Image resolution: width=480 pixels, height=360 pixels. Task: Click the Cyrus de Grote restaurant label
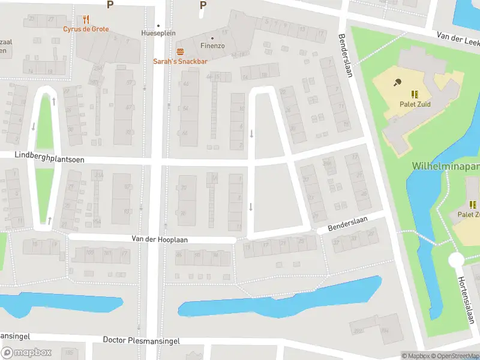(x=86, y=29)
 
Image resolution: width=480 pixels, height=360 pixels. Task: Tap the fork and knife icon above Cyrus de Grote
(x=86, y=19)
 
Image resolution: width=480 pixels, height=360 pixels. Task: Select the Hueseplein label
(x=158, y=33)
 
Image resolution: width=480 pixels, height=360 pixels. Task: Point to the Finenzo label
(x=212, y=45)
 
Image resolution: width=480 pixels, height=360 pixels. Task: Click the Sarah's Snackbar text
(x=179, y=61)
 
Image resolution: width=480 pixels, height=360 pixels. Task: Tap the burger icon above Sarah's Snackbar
(x=179, y=51)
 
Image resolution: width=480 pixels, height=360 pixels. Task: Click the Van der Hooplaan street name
(x=160, y=239)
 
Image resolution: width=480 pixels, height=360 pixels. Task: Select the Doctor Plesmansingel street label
(x=141, y=340)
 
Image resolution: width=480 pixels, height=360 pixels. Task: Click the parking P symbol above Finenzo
(x=203, y=5)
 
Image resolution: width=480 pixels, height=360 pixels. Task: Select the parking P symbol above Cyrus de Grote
(x=109, y=5)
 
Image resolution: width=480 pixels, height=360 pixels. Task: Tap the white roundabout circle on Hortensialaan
(x=457, y=260)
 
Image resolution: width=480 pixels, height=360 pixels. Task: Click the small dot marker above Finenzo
(x=212, y=38)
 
